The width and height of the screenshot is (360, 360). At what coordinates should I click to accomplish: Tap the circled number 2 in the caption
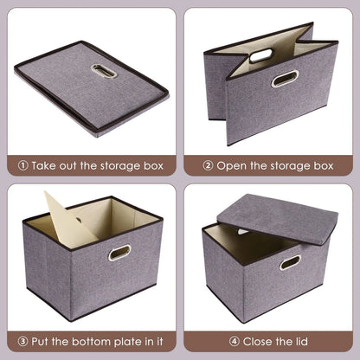208,163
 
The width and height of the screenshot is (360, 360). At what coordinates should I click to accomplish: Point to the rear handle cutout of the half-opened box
260,55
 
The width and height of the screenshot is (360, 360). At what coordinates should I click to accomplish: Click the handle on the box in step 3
119,252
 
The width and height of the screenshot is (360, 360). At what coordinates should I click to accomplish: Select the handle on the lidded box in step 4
290,261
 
